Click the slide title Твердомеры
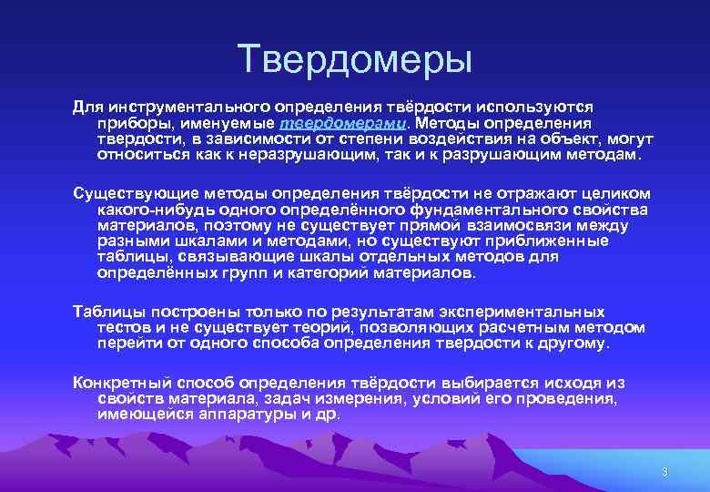[x=355, y=59]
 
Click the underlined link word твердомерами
[x=343, y=123]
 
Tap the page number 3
[x=664, y=472]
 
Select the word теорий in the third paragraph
[x=324, y=327]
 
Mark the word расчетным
[x=527, y=327]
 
